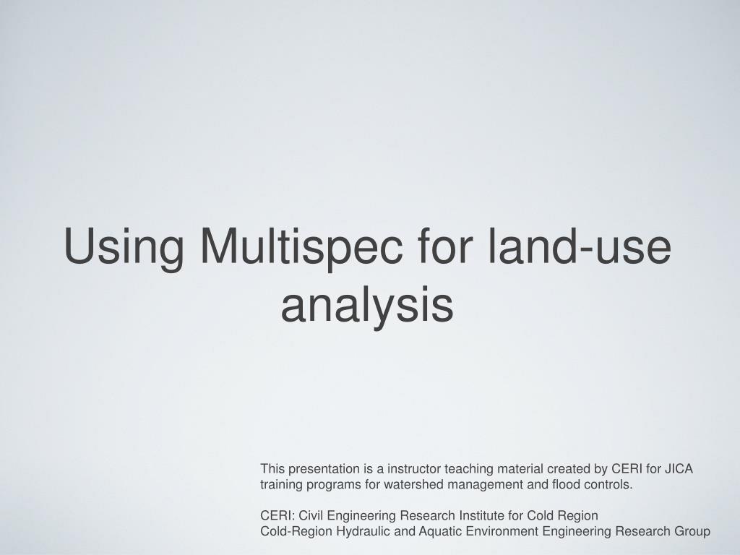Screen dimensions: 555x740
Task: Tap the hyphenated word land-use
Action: pos(580,246)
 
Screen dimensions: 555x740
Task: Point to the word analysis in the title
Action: pos(367,305)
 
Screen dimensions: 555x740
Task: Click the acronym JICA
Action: pos(679,469)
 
